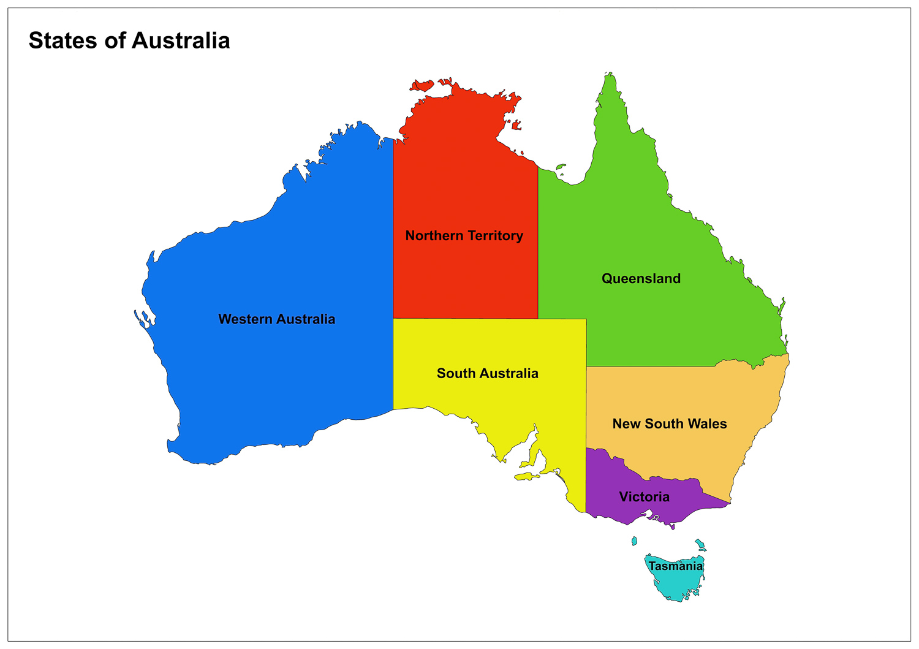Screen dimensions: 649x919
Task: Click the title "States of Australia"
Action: pos(129,41)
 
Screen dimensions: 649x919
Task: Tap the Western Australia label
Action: pos(276,319)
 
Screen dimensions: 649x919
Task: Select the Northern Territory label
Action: pos(464,236)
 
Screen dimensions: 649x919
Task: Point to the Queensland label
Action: pos(641,279)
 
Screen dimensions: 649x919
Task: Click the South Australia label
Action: pos(487,374)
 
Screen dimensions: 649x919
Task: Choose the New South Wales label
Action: pos(669,424)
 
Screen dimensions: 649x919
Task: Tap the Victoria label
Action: pos(644,497)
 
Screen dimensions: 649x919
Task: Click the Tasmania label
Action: pos(675,566)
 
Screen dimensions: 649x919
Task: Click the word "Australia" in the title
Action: pos(181,41)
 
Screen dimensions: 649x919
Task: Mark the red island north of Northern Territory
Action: pos(422,85)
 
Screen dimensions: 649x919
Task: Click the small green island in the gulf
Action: pos(560,166)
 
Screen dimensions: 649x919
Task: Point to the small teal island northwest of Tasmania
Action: pos(634,541)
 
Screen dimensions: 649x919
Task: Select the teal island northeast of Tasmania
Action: pos(700,545)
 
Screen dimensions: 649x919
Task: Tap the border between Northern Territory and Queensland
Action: pos(538,245)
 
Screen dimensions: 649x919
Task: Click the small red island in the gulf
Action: pos(516,126)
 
